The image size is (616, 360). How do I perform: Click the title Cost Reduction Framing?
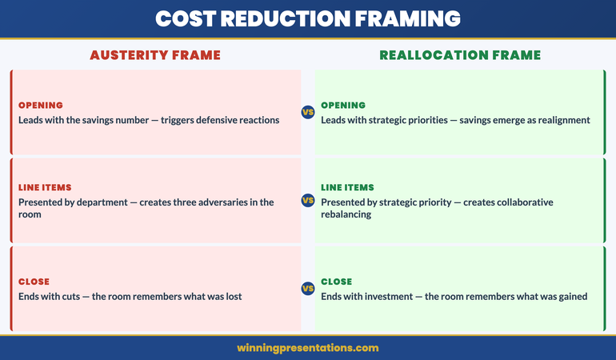tap(308, 18)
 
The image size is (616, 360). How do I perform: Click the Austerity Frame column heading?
tap(155, 55)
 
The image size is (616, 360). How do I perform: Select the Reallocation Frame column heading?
tap(460, 55)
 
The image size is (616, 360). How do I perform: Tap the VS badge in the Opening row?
tap(308, 112)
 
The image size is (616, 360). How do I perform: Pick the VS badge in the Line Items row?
tap(308, 200)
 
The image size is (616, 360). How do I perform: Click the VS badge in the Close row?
tap(308, 288)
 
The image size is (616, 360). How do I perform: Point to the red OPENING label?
tap(40, 106)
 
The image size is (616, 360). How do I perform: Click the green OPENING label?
tap(343, 106)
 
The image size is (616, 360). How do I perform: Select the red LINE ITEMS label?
tap(45, 187)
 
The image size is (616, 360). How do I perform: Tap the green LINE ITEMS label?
tap(347, 187)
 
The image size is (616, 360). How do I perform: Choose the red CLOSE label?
tap(34, 282)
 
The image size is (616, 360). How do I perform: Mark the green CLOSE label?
tap(337, 282)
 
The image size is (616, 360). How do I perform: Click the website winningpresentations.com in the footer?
tap(308, 348)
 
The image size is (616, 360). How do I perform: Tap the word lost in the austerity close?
tap(232, 297)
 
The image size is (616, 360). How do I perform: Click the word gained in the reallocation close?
tap(570, 297)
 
